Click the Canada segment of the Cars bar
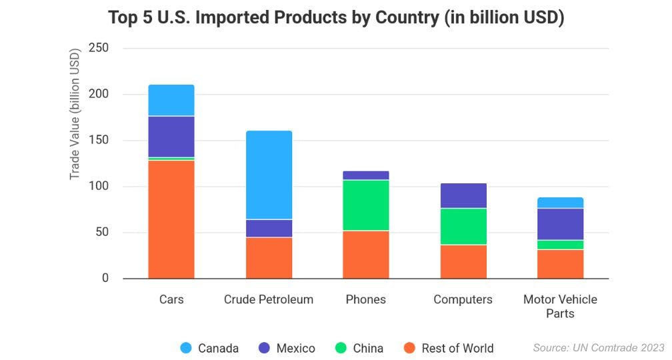(171, 100)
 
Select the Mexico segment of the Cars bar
(171, 137)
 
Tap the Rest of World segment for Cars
(171, 219)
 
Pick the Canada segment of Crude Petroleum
(269, 175)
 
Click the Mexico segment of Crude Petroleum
(269, 228)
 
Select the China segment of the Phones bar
(366, 205)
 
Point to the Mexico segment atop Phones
(366, 175)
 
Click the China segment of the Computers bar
(463, 227)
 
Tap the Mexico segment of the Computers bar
(463, 195)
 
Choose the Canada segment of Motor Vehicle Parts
(560, 203)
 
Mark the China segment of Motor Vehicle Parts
(560, 245)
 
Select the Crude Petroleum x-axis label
(269, 299)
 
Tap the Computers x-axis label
(463, 299)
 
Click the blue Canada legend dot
(186, 348)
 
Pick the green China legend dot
(339, 348)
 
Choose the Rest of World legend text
(457, 348)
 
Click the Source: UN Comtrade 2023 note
(599, 347)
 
